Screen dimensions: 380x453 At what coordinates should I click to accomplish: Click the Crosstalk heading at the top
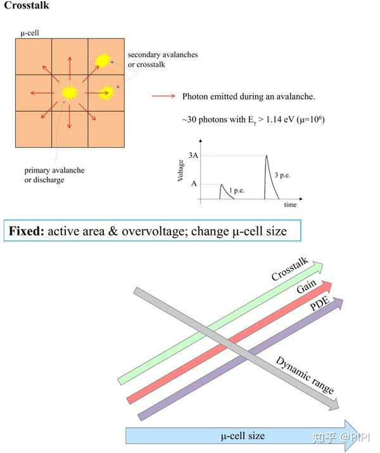[x=27, y=5]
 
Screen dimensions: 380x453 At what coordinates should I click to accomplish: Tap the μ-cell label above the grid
[x=29, y=33]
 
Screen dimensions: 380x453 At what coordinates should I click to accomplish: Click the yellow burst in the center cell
[x=70, y=93]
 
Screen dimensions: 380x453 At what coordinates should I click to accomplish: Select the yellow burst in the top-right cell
[x=103, y=60]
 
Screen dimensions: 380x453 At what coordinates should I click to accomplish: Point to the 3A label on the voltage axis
[x=193, y=155]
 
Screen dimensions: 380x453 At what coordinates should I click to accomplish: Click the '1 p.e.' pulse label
[x=237, y=190]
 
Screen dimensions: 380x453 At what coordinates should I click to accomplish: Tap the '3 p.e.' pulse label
[x=282, y=175]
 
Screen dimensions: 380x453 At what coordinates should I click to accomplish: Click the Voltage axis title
[x=180, y=171]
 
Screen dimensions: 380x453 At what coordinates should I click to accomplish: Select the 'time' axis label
[x=290, y=204]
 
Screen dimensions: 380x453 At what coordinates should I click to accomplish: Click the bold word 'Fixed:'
[x=27, y=231]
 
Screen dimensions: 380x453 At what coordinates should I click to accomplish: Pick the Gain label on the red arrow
[x=307, y=286]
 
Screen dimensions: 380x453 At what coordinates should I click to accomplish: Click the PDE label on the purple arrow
[x=320, y=303]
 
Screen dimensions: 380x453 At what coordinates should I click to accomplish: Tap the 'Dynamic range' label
[x=305, y=375]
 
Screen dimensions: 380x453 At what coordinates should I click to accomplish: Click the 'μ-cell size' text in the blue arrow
[x=243, y=435]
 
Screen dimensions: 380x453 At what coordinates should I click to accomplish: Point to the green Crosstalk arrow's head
[x=317, y=267]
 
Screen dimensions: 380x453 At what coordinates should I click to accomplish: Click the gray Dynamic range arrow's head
[x=333, y=404]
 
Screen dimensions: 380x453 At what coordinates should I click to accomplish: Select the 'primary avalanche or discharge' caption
[x=54, y=174]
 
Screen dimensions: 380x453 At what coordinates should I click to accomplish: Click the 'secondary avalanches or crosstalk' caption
[x=163, y=60]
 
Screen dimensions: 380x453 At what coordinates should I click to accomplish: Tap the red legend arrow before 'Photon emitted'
[x=163, y=96]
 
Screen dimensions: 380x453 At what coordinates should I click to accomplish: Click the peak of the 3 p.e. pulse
[x=267, y=156]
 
